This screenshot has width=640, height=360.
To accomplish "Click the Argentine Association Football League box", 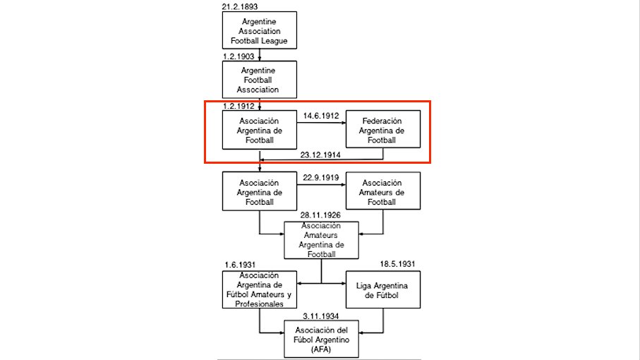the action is [260, 30].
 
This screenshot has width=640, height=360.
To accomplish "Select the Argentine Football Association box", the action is [260, 80].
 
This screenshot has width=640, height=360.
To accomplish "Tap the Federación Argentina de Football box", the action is [383, 129].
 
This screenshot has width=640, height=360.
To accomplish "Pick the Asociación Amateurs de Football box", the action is [383, 191].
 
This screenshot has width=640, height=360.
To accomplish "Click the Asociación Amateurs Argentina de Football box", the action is [321, 241].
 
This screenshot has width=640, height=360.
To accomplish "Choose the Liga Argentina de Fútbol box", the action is [383, 290].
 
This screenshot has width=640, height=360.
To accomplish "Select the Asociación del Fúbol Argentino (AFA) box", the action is [321, 340].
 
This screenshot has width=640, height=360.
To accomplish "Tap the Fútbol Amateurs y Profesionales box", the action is [260, 290].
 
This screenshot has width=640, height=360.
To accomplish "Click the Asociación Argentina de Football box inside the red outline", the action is [260, 130].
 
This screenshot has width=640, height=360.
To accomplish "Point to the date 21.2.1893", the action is [240, 6].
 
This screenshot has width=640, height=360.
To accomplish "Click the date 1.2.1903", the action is [239, 56].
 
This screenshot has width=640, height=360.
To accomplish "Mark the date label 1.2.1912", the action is [239, 106].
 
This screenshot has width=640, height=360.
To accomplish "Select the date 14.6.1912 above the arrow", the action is [321, 116].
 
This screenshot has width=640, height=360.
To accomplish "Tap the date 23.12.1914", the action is [320, 155].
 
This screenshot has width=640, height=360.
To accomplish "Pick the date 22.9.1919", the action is [321, 178].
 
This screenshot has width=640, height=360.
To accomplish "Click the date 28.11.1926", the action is [320, 215].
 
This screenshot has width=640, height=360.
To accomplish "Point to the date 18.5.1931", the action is [397, 264].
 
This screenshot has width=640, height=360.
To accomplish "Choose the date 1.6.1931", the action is [240, 265].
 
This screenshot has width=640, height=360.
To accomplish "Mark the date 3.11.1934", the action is [321, 316].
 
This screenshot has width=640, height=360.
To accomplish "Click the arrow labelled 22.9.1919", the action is [321, 185].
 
